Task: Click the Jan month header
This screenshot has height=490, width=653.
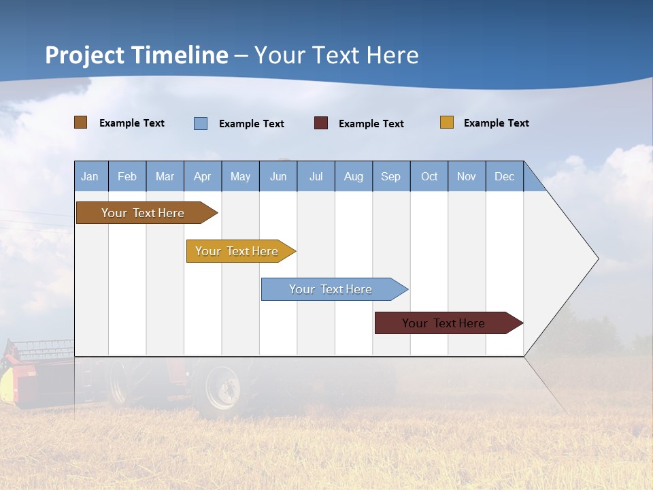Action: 90,176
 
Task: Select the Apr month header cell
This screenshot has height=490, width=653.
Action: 203,176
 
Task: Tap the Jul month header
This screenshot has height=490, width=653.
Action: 316,176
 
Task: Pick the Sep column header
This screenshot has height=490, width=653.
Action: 391,176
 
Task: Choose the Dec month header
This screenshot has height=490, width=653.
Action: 504,176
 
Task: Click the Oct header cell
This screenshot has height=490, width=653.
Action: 429,176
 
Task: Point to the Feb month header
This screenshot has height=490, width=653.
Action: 127,176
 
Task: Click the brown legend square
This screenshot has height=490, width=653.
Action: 81,122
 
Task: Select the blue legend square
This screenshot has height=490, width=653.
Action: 201,123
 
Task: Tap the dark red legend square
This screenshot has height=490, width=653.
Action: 321,123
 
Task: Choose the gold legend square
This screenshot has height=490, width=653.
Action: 447,122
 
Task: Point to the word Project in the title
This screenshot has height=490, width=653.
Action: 85,55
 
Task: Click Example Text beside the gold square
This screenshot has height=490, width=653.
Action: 496,123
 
